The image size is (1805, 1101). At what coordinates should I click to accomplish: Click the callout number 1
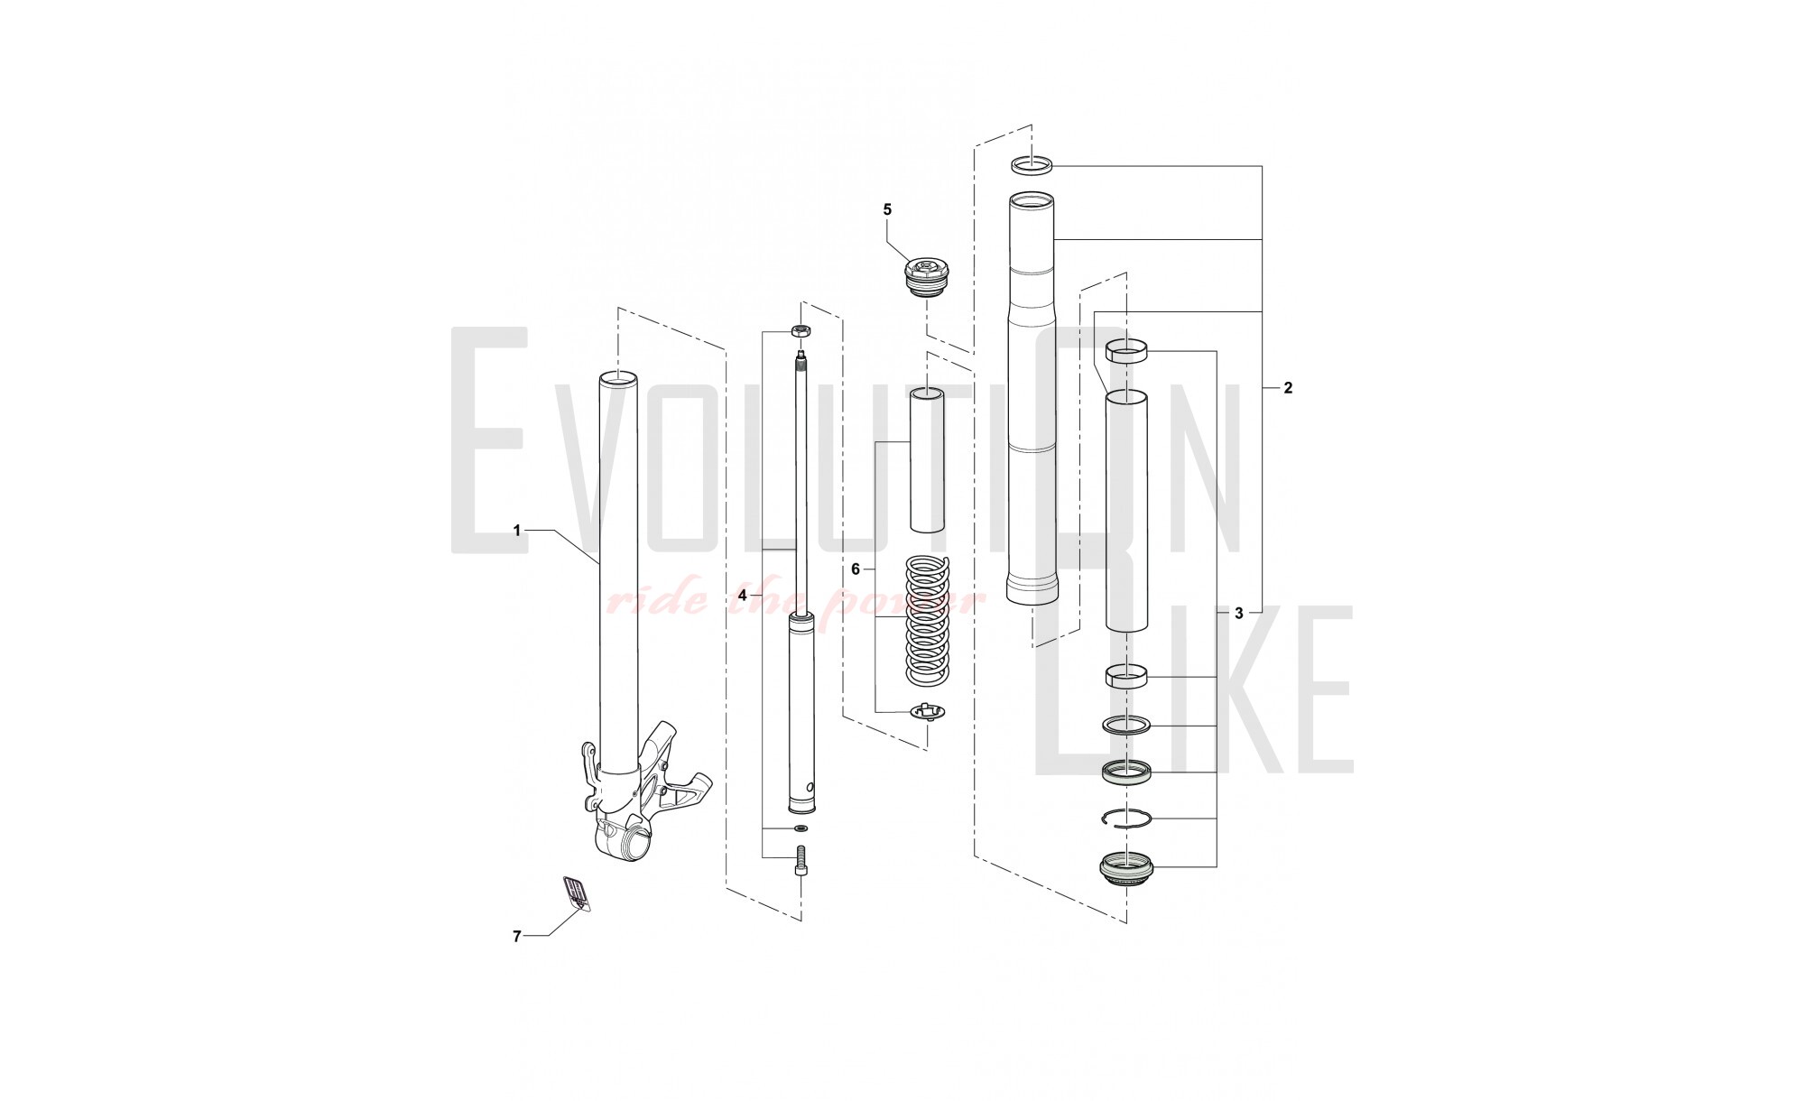[517, 531]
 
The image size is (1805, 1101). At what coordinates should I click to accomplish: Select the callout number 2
[1288, 388]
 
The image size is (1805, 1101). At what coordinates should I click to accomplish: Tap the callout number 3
[1238, 614]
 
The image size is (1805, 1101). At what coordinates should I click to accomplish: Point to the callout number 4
[742, 596]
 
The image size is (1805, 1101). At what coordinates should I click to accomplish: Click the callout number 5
[887, 209]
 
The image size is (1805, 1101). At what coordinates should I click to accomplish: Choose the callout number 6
[856, 569]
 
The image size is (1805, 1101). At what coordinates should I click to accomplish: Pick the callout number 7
[517, 937]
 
